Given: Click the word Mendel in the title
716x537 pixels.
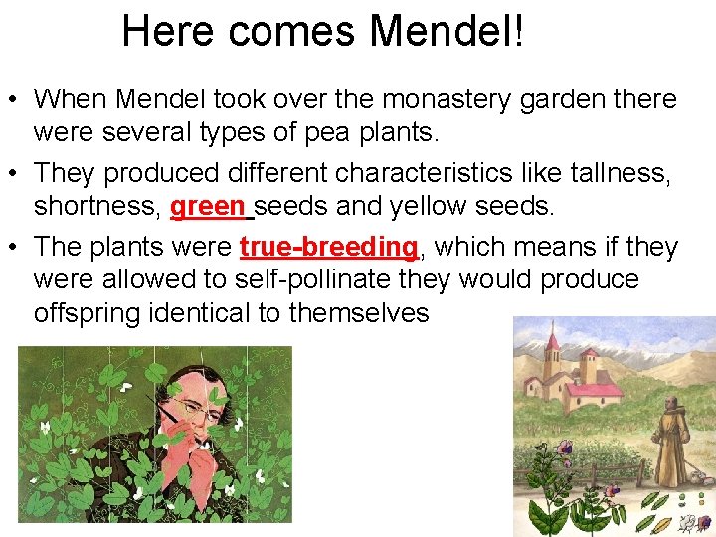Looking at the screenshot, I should pos(440,31).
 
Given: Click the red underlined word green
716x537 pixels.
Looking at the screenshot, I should pos(206,207).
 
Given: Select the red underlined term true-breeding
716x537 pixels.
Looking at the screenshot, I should pos(328,247).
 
